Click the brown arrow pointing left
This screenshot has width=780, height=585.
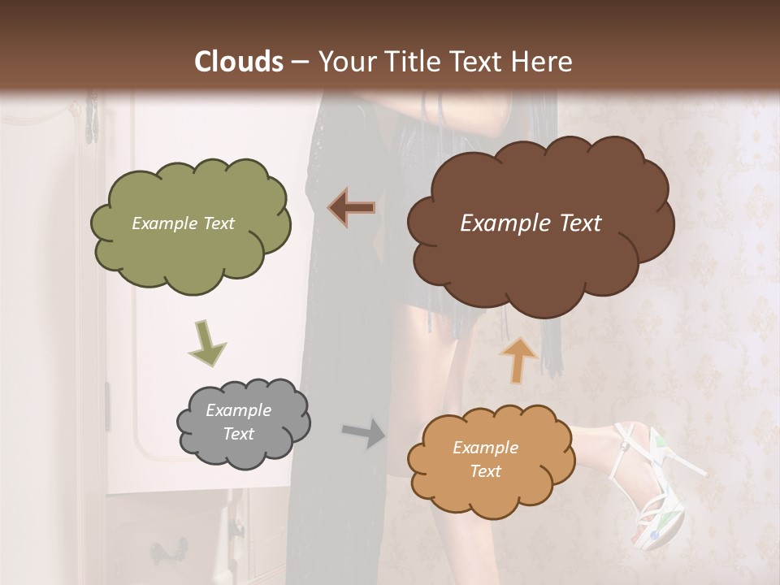click(x=352, y=208)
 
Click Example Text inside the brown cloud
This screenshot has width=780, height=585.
click(x=531, y=223)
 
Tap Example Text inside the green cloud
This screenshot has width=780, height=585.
click(x=183, y=223)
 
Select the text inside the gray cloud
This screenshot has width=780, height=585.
click(x=238, y=422)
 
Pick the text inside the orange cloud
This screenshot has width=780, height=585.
click(x=485, y=459)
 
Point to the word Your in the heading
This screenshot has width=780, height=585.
click(x=342, y=62)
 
